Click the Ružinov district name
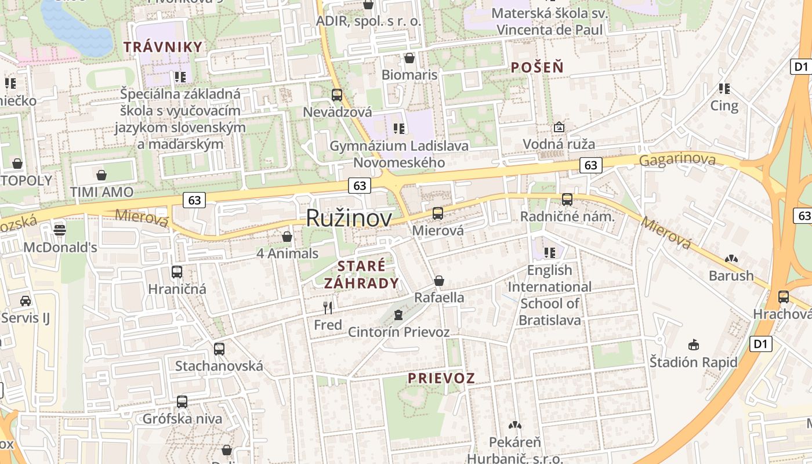pyautogui.click(x=349, y=217)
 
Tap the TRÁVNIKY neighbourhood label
pyautogui.click(x=163, y=47)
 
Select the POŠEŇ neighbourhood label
pyautogui.click(x=537, y=67)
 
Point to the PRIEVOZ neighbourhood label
pyautogui.click(x=441, y=378)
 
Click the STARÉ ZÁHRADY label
pyautogui.click(x=361, y=274)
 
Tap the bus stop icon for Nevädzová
pyautogui.click(x=337, y=95)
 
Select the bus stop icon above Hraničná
pyautogui.click(x=177, y=271)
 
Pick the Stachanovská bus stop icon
pyautogui.click(x=219, y=349)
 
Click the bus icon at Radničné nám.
pyautogui.click(x=567, y=200)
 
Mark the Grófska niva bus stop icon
pyautogui.click(x=182, y=401)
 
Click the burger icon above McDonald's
pyautogui.click(x=59, y=230)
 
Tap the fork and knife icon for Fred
pyautogui.click(x=328, y=307)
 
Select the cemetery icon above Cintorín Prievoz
pyautogui.click(x=398, y=315)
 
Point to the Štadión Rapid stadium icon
pyautogui.click(x=693, y=345)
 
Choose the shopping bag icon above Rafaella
pyautogui.click(x=439, y=281)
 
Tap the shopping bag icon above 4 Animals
pyautogui.click(x=287, y=237)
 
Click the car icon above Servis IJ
pyautogui.click(x=26, y=300)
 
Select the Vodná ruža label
pyautogui.click(x=559, y=144)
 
